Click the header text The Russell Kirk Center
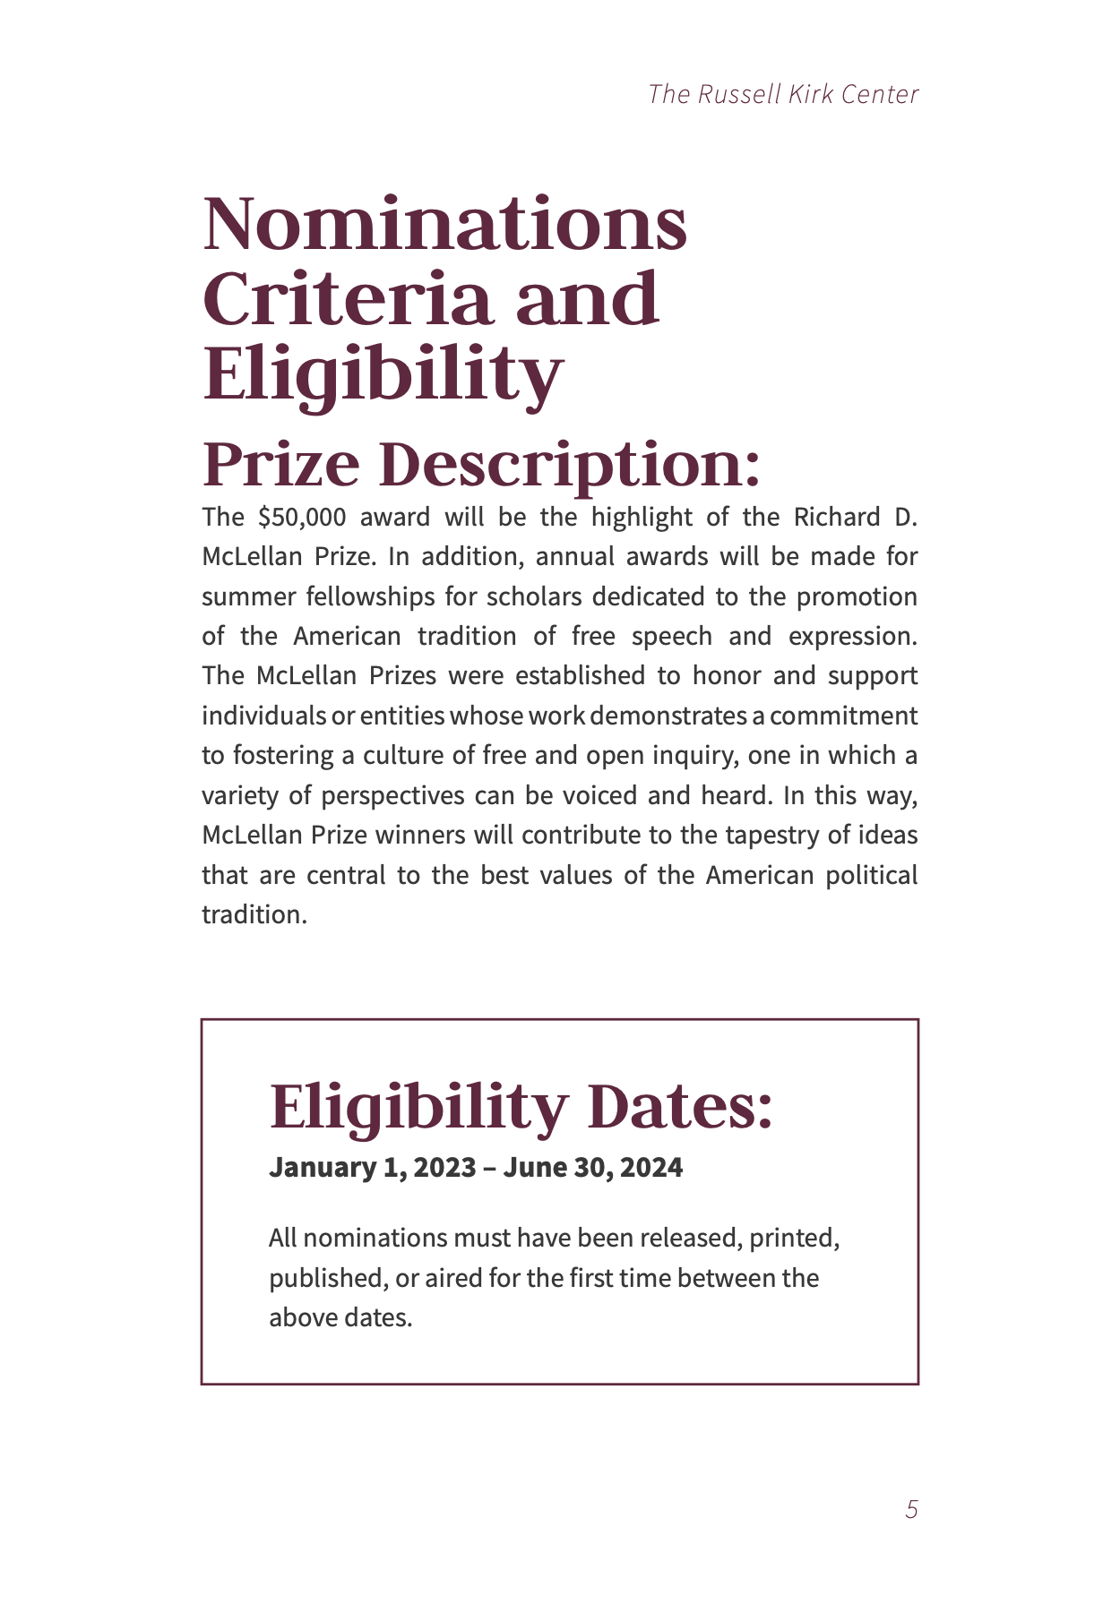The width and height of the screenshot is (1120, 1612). click(x=783, y=94)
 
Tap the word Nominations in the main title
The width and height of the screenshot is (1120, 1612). click(x=445, y=224)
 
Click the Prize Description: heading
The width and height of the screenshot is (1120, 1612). click(x=481, y=465)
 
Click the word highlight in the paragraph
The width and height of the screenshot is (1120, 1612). click(x=642, y=518)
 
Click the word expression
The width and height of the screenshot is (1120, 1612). click(x=852, y=637)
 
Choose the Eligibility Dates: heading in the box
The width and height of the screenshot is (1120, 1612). click(x=521, y=1107)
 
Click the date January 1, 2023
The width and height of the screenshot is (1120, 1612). click(x=373, y=1168)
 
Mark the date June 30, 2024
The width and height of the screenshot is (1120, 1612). click(x=592, y=1168)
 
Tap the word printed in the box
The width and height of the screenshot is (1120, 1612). click(x=794, y=1239)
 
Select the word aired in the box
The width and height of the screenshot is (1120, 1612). click(x=453, y=1278)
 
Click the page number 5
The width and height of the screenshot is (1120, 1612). click(x=911, y=1510)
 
